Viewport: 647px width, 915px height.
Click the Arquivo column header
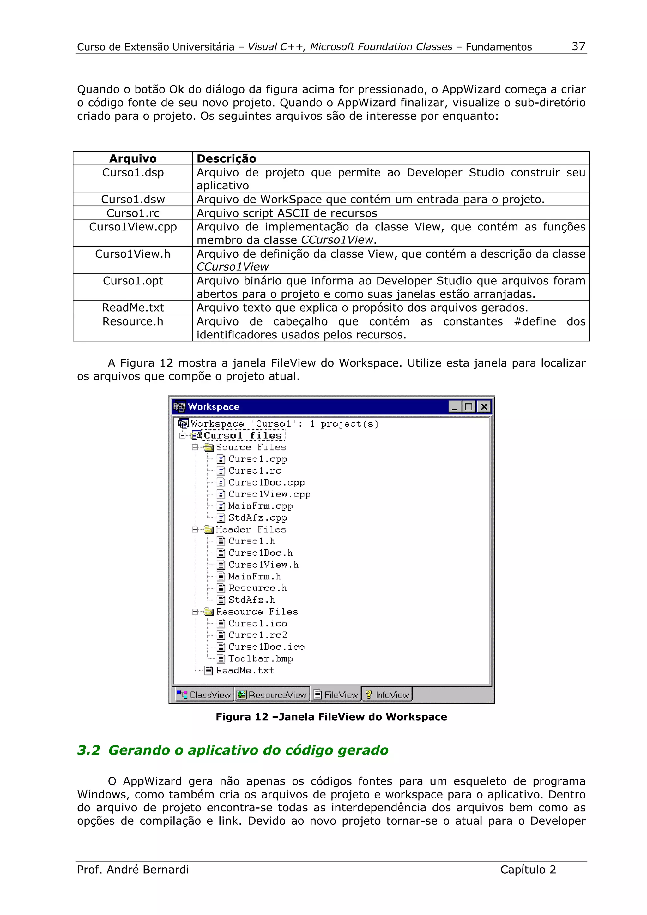(x=133, y=158)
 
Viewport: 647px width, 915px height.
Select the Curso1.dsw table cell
(x=133, y=199)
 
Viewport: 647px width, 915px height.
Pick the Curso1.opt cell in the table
(x=133, y=281)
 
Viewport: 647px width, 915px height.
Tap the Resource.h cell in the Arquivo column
(x=133, y=322)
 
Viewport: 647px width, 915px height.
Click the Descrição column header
(x=227, y=158)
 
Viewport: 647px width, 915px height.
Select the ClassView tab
(x=204, y=695)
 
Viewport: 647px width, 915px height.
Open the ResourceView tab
(x=272, y=695)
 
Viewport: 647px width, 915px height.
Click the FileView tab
(x=336, y=695)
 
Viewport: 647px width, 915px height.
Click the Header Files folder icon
(x=208, y=529)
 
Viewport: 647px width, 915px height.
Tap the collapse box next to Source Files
(x=195, y=447)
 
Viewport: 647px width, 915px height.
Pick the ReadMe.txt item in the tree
(x=245, y=671)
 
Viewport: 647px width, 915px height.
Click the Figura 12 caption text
(x=331, y=717)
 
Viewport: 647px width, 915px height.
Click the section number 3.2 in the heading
(x=88, y=751)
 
